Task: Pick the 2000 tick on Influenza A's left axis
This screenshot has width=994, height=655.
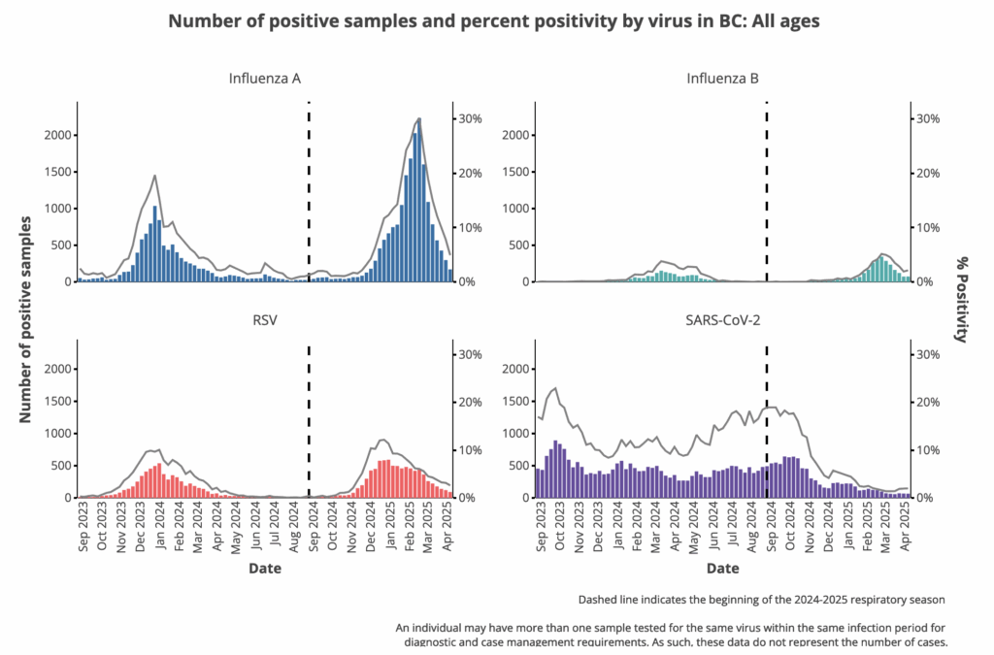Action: (57, 135)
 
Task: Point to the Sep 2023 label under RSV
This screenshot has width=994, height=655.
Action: (83, 529)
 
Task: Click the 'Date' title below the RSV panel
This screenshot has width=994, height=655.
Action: (264, 568)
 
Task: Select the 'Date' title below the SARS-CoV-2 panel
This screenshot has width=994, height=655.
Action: (722, 568)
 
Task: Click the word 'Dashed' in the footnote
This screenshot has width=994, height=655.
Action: (599, 600)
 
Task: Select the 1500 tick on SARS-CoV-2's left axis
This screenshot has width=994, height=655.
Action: (515, 402)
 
